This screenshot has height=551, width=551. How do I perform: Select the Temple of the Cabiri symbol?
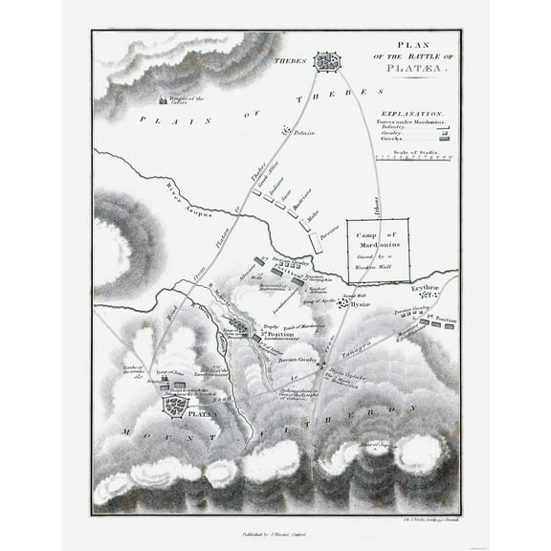161,99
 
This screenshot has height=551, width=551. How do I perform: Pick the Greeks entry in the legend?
391,139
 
